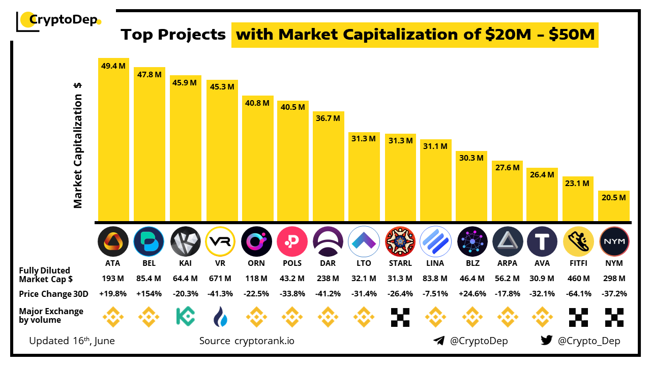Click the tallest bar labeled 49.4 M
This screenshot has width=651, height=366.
(113, 140)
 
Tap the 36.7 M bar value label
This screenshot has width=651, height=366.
(328, 118)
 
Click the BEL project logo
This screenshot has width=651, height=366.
(149, 241)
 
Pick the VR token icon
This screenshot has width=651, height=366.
(221, 241)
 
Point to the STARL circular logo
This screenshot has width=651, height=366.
(400, 241)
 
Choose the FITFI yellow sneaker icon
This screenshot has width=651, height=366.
(578, 241)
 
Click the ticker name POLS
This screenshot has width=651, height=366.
(292, 263)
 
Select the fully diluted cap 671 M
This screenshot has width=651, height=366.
(221, 279)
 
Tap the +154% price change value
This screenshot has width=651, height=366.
(149, 294)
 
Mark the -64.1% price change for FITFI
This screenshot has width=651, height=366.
(578, 294)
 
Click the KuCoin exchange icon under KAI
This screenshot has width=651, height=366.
(185, 316)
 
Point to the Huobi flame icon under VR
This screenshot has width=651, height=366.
(221, 316)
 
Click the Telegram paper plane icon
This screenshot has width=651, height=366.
(439, 341)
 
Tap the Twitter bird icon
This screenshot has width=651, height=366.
(547, 341)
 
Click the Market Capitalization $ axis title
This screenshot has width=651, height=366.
(78, 145)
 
